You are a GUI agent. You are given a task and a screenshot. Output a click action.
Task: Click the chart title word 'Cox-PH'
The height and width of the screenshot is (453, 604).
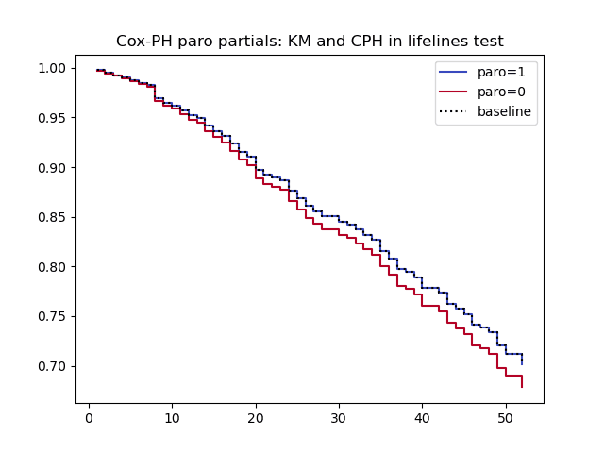click(142, 42)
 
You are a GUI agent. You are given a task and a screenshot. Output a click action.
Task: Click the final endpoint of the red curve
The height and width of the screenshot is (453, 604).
click(522, 386)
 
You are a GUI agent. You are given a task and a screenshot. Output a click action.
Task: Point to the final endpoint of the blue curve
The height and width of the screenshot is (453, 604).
click(522, 363)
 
